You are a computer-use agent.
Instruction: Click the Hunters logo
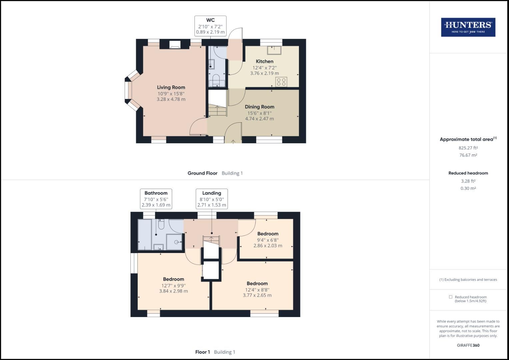pos(468,27)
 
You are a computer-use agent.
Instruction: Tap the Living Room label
pos(171,87)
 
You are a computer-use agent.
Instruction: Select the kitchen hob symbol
pos(281,82)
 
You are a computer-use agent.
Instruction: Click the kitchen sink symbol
pos(274,50)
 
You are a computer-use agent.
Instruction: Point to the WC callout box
pos(210,26)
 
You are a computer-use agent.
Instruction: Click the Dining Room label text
pos(259,107)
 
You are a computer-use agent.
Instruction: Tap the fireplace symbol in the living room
pos(175,45)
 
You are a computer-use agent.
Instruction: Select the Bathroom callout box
pos(156,199)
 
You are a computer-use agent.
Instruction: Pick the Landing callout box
pos(212,199)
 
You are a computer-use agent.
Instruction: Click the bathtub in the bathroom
pos(145,234)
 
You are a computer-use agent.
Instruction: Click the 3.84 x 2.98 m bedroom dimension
pos(173,291)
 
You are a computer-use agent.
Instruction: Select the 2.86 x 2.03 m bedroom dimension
pos(268,246)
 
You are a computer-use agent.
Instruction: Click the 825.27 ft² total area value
pos(468,148)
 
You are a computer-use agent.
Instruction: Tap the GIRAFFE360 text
pos(468,345)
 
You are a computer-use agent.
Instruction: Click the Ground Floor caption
pos(202,173)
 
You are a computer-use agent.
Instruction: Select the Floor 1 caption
pos(203,352)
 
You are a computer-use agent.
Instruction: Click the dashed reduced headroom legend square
pos(450,297)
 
